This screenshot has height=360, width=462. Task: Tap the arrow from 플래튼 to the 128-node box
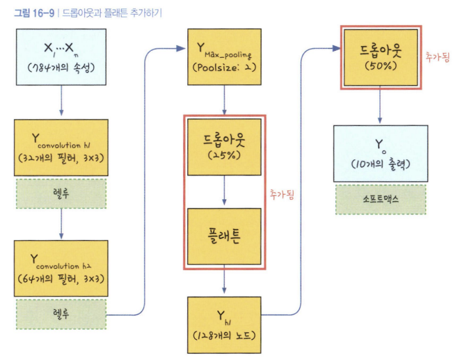pos(224,281)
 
